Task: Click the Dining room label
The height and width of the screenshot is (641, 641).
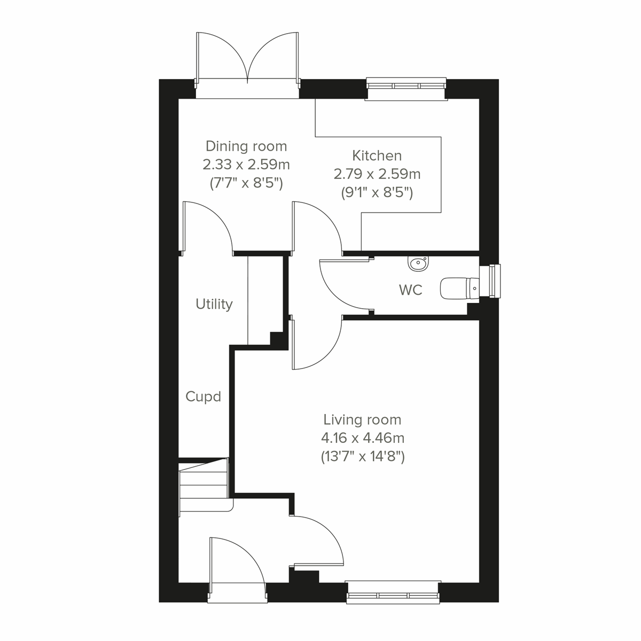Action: pyautogui.click(x=246, y=146)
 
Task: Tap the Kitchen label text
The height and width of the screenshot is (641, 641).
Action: pyautogui.click(x=377, y=155)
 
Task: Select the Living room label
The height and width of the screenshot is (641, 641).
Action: pyautogui.click(x=362, y=420)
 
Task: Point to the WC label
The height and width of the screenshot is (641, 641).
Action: pyautogui.click(x=410, y=290)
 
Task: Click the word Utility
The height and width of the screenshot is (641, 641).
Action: pyautogui.click(x=214, y=304)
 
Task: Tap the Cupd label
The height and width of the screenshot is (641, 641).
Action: pyautogui.click(x=203, y=396)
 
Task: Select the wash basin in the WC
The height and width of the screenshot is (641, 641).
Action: pyautogui.click(x=417, y=263)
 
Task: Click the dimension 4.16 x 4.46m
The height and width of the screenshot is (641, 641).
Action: pyautogui.click(x=362, y=439)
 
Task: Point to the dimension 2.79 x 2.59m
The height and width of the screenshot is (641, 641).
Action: pyautogui.click(x=377, y=174)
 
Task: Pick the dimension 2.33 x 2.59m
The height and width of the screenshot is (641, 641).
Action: pyautogui.click(x=246, y=165)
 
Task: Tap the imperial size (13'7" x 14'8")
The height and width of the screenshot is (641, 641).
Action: pyautogui.click(x=362, y=457)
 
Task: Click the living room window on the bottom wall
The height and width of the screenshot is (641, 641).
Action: pyautogui.click(x=393, y=592)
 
